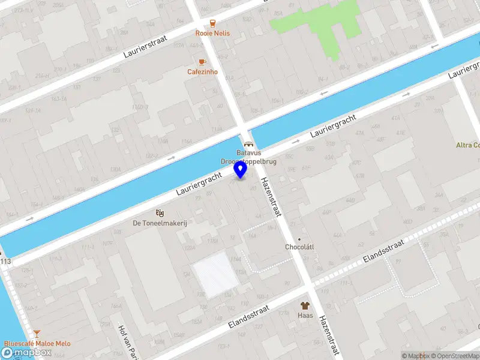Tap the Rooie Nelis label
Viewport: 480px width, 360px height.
coord(212,34)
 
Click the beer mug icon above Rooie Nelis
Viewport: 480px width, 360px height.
coord(212,23)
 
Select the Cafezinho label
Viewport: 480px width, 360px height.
coord(202,72)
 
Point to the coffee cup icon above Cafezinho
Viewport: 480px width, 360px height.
coord(202,62)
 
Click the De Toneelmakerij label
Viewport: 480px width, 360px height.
coord(160,223)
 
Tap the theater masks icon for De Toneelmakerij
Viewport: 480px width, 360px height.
coord(160,212)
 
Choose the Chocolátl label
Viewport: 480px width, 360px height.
coord(299,247)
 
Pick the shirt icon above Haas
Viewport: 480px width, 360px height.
coord(305,305)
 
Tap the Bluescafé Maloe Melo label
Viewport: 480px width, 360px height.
coord(37,344)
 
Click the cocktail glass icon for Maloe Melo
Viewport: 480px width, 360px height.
coord(37,334)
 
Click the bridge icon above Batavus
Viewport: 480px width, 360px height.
coord(248,145)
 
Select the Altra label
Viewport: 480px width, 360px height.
coord(467,145)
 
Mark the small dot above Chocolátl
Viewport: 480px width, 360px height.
coord(299,238)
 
